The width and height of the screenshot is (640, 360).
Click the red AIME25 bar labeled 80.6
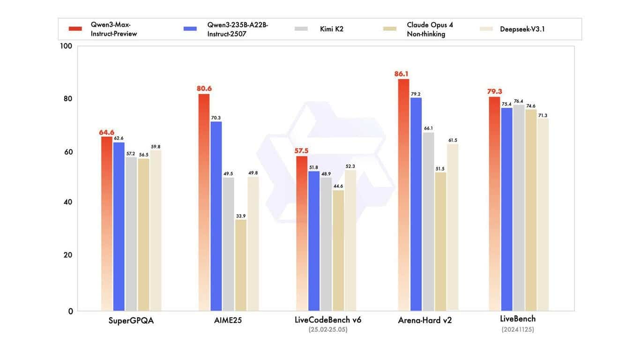tap(204, 202)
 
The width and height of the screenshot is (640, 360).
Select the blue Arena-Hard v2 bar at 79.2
tap(416, 204)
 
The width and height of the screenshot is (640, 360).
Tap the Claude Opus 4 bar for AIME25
tap(240, 265)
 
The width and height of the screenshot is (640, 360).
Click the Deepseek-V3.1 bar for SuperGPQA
tap(156, 230)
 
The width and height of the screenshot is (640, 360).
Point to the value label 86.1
tap(402, 74)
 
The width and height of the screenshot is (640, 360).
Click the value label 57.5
tap(301, 150)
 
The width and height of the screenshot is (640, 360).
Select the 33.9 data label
tap(241, 216)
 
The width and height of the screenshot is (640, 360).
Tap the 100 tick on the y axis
tap(66, 46)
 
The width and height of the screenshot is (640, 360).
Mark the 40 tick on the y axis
tap(67, 202)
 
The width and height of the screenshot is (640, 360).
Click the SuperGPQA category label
tap(131, 321)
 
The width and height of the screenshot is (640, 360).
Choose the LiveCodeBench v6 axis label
tap(328, 320)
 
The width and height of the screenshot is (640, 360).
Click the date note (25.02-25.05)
tap(328, 330)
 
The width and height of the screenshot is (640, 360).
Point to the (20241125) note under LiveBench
tap(518, 330)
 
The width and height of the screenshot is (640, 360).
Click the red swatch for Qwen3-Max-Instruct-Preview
tap(75, 29)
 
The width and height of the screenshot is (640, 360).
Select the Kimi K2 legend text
tap(332, 29)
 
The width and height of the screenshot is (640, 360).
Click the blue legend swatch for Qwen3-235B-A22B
tap(191, 29)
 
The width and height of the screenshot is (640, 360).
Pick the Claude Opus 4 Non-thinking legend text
tap(430, 29)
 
